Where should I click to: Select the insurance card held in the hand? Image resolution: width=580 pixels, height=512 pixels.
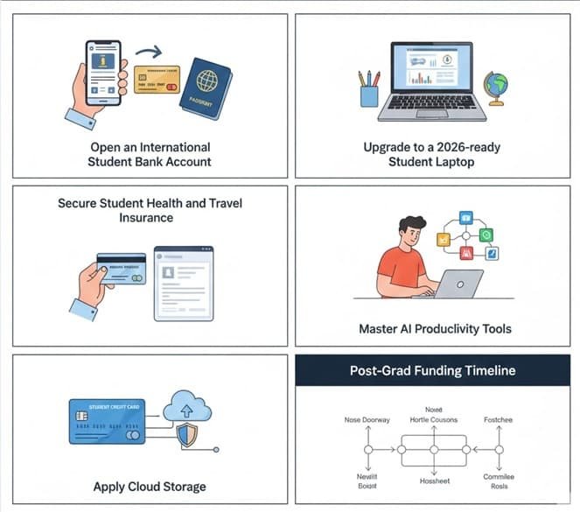tap(122, 269)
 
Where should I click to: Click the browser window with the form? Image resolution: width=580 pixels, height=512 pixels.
tap(184, 282)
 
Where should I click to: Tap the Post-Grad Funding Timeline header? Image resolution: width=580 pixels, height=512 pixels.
tap(433, 370)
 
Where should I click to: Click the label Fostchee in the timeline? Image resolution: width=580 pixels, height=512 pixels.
tap(498, 420)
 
